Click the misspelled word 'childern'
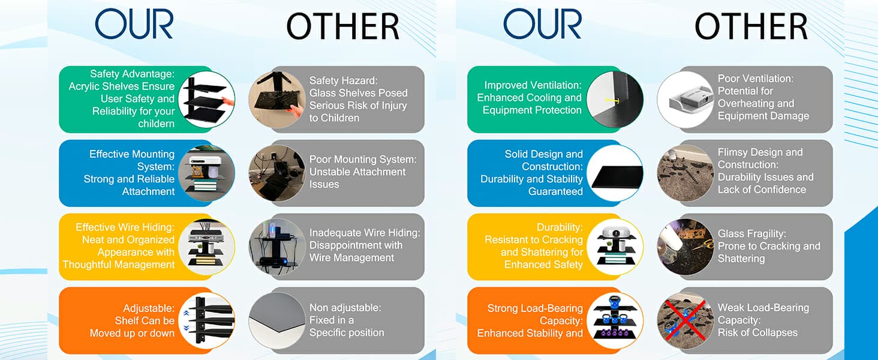tap(156, 124)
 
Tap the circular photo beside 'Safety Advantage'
tap(206, 100)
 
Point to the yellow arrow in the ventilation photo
tap(612, 100)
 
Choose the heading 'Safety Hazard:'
tap(344, 81)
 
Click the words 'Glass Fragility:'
tap(752, 234)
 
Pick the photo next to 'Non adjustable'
tap(277, 321)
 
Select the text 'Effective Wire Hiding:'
tap(125, 227)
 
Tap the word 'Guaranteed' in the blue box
tap(555, 191)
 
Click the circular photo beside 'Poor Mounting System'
tap(277, 173)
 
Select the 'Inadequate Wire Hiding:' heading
tap(365, 233)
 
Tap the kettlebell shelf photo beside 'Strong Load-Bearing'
tap(615, 321)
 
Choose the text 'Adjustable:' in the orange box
tap(149, 308)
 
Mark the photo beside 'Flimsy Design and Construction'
tap(685, 173)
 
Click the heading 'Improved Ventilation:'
tap(533, 85)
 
